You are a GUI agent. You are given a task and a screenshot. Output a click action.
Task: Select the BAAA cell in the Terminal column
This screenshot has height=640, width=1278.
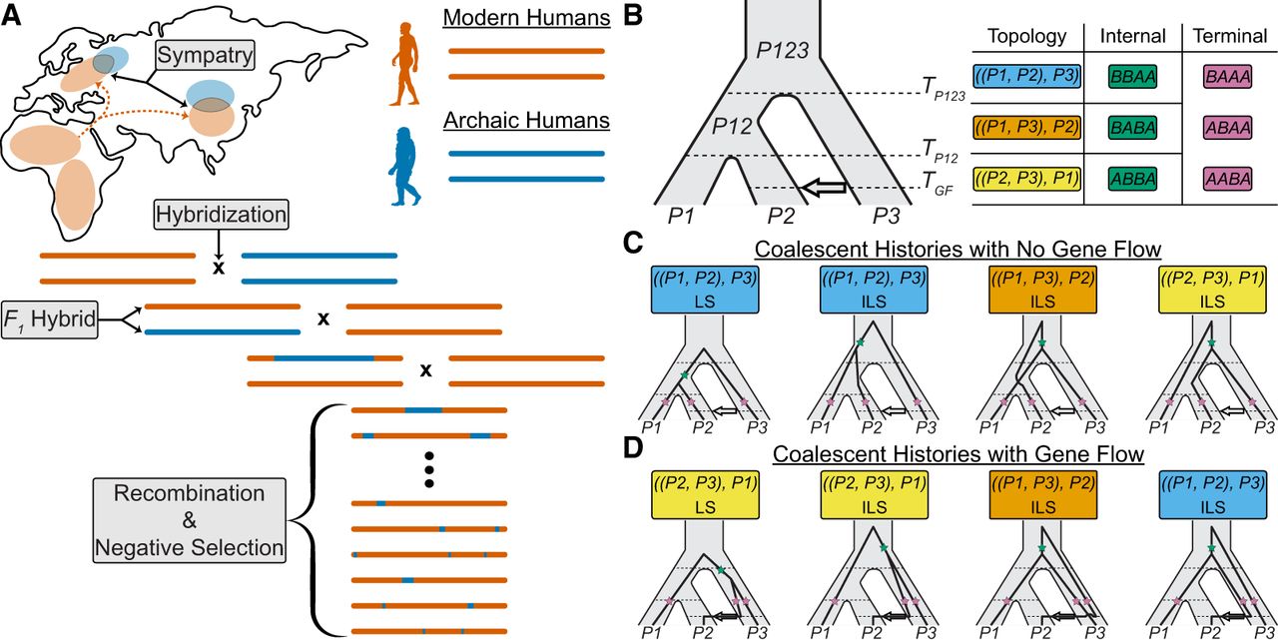1226,77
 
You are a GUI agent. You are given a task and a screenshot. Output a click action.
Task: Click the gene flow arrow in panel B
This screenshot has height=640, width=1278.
822,187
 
